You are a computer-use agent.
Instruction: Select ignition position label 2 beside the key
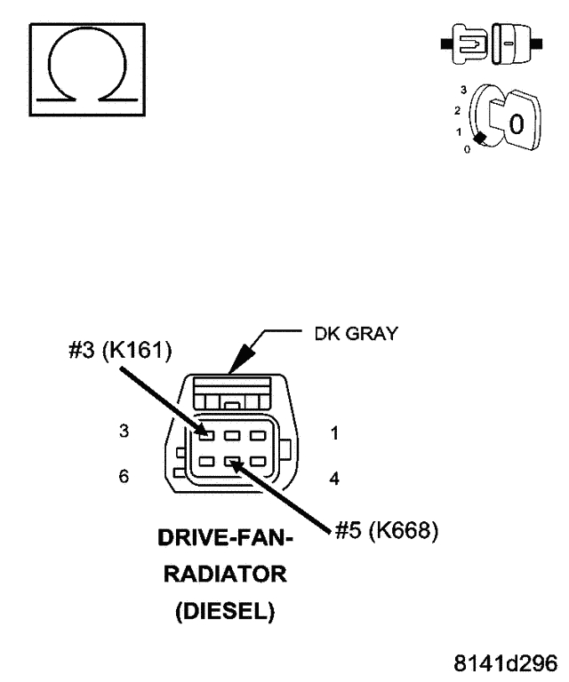[x=457, y=111]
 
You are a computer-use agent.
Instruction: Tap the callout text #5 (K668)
[x=386, y=532]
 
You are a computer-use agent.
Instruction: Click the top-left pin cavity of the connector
[x=205, y=435]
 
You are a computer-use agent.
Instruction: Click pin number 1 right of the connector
[x=334, y=434]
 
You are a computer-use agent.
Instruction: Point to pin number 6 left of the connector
[x=124, y=476]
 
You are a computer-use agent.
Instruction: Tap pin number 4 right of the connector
[x=334, y=479]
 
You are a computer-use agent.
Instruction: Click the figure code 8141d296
[x=506, y=663]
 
